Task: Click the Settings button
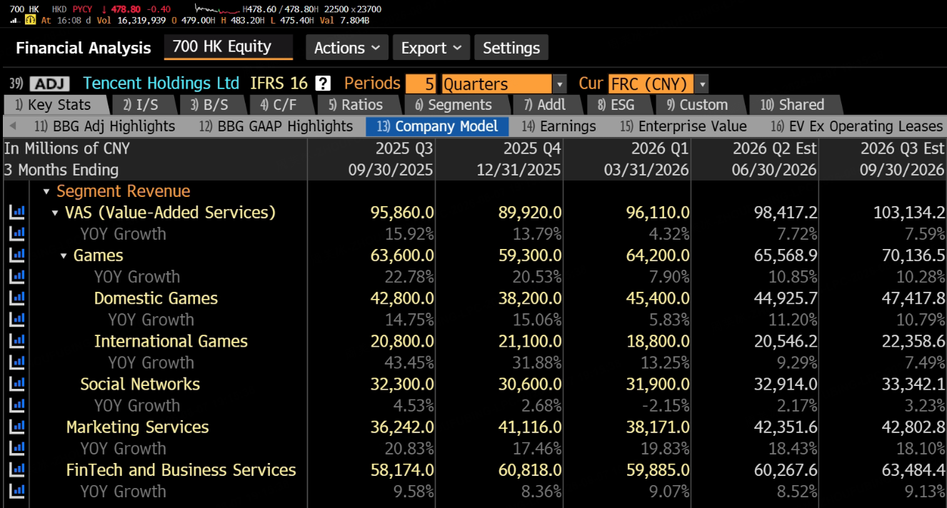point(511,48)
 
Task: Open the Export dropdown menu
point(431,48)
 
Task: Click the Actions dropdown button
point(346,48)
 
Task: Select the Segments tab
point(454,105)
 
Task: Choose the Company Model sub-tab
point(437,126)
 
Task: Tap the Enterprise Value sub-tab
point(683,126)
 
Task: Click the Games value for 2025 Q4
point(530,255)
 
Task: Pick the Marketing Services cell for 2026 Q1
point(658,427)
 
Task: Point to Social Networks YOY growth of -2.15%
point(666,406)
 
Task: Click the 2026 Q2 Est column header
point(774,148)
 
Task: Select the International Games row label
point(171,341)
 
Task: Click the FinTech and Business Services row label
point(181,470)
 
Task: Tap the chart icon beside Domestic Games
point(17,298)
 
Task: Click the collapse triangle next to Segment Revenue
point(46,192)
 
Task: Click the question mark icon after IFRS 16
point(323,83)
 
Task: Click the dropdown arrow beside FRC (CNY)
point(702,84)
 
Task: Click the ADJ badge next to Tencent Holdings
point(50,83)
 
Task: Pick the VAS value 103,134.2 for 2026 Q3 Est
point(908,213)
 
